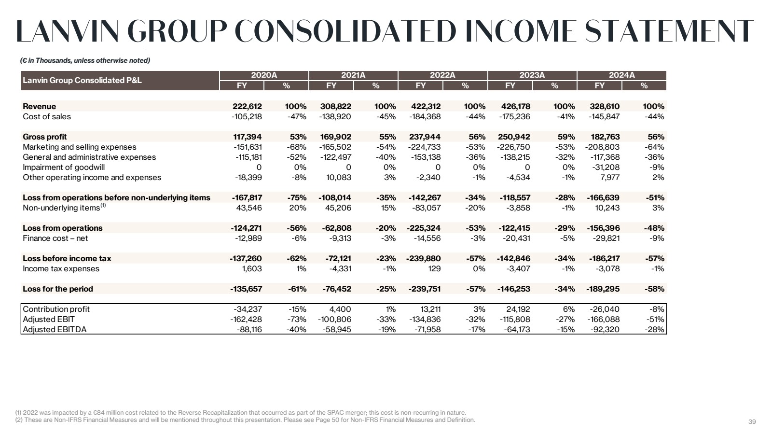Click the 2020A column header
tap(264, 75)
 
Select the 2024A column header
tap(621, 75)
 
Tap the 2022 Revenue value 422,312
tap(426, 106)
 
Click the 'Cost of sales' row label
tap(47, 116)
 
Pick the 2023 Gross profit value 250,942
tap(514, 137)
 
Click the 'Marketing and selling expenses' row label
tap(80, 147)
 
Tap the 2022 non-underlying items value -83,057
tap(426, 208)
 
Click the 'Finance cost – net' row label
tap(55, 238)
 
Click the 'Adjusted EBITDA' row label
tap(55, 329)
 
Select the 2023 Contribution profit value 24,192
tap(518, 309)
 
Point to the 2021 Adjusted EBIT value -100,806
tap(334, 319)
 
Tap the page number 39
tap(752, 421)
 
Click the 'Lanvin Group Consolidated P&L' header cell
tap(83, 80)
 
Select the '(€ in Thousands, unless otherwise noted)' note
tap(85, 60)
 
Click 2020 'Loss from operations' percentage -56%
tap(296, 228)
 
